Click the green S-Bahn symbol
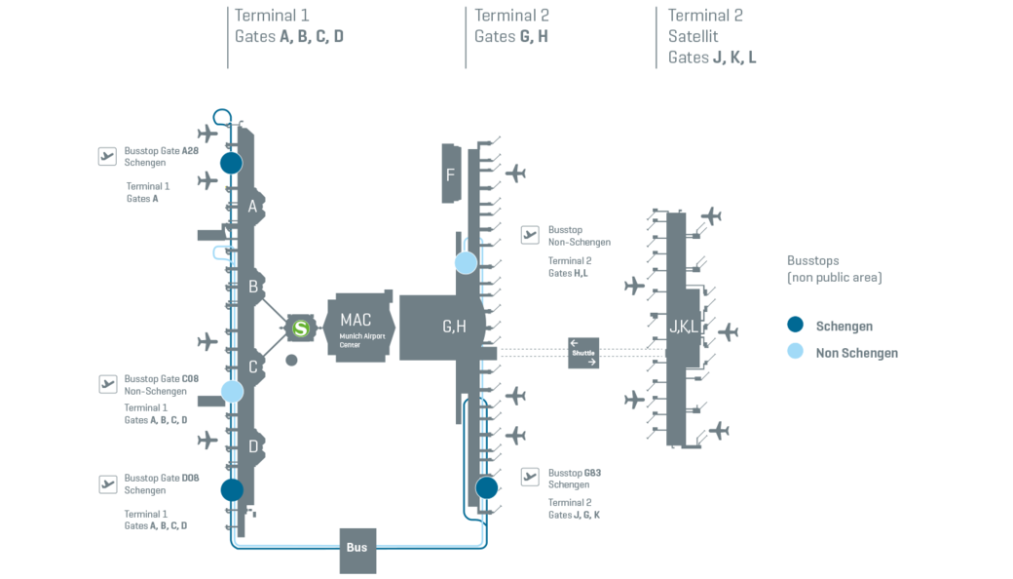[x=301, y=329]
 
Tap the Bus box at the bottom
[x=357, y=548]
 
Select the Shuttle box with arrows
[x=583, y=353]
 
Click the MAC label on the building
[x=356, y=320]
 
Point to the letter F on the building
[x=450, y=175]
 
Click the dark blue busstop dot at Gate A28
[x=231, y=163]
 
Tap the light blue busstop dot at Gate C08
[x=232, y=392]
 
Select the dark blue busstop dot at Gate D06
[x=232, y=489]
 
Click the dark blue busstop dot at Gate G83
[x=486, y=487]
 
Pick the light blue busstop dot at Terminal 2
[x=467, y=262]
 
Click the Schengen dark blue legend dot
[x=796, y=326]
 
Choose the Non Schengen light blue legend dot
[x=796, y=352]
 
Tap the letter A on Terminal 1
[x=252, y=207]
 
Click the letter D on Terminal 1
[x=253, y=446]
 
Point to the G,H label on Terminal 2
[x=454, y=327]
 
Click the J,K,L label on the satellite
[x=683, y=327]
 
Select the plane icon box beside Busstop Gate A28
[x=107, y=156]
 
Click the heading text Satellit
[x=694, y=36]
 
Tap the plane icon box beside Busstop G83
[x=530, y=477]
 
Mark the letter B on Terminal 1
[x=253, y=287]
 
